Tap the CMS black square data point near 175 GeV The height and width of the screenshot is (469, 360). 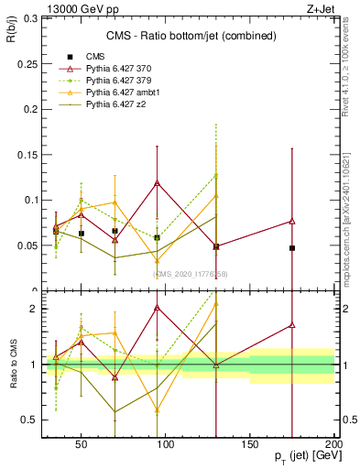(x=292, y=248)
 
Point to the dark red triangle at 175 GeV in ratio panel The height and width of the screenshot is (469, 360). (x=292, y=325)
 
